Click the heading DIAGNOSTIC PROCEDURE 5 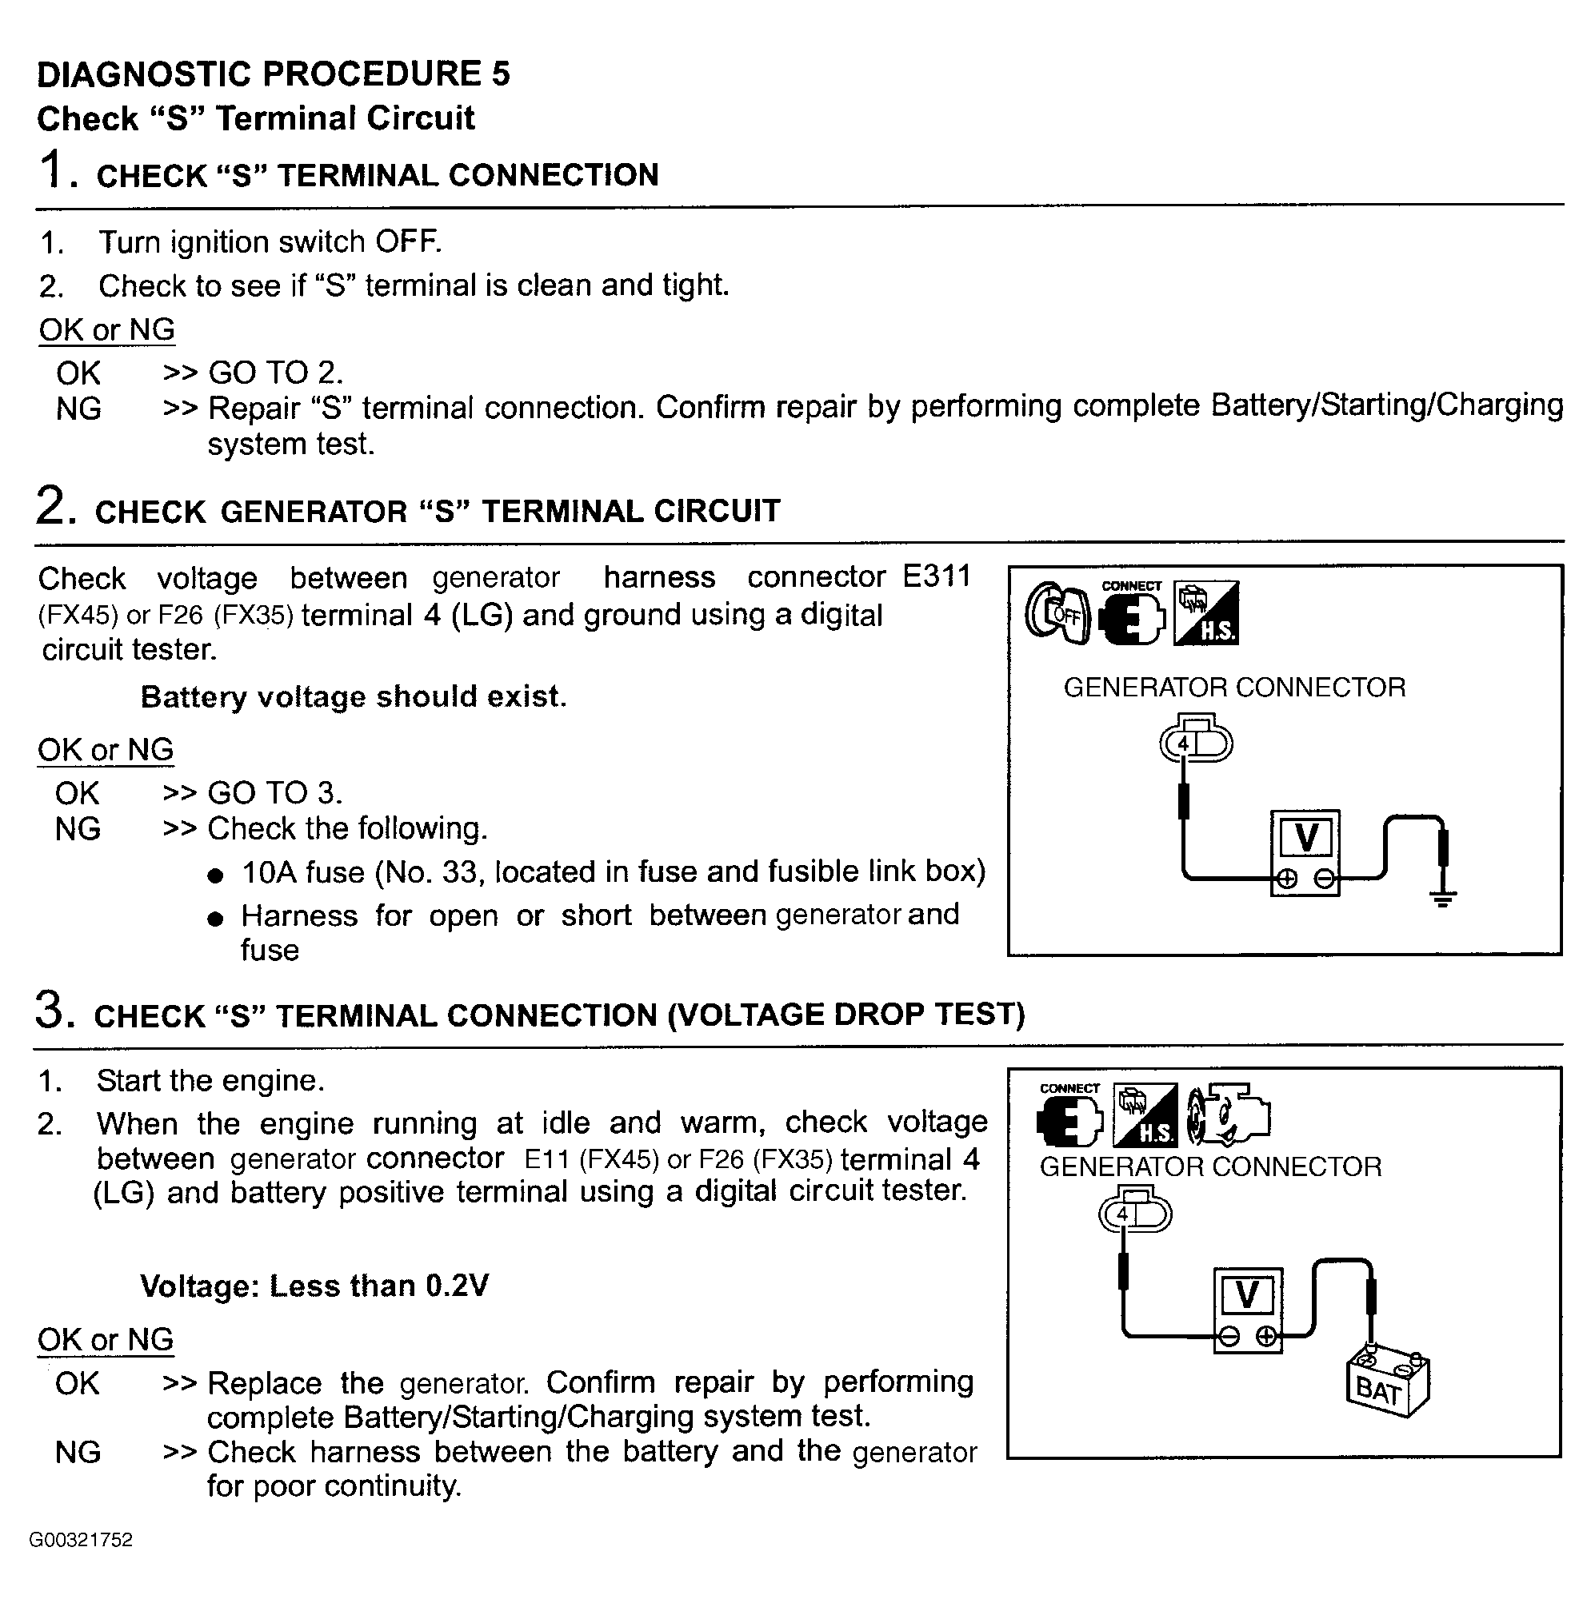273,74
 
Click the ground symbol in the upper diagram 1443,898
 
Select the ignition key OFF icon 1056,614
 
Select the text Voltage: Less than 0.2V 314,1286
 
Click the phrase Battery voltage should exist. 354,696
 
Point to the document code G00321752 81,1540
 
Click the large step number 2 50,506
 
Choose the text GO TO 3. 274,792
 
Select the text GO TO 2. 275,373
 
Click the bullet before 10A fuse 215,875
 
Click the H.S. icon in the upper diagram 1205,613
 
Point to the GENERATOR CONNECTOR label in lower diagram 1209,1167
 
